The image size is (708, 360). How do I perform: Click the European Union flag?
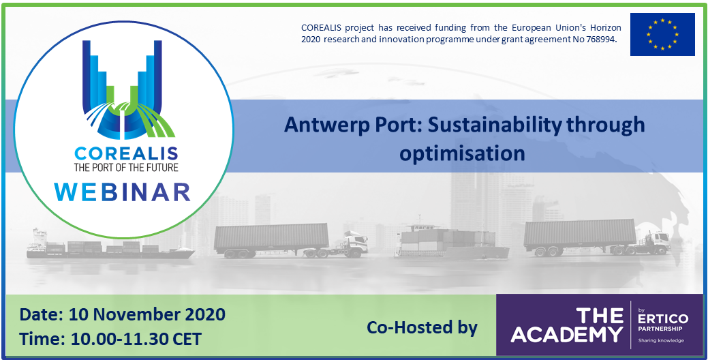pos(662,34)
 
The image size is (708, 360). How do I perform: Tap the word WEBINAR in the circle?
pos(123,192)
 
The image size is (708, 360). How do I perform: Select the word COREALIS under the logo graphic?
pos(127,153)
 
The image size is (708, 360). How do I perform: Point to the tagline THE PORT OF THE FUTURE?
pos(127,168)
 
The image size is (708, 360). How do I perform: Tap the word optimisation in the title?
pos(463,153)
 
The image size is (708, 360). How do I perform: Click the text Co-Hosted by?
pos(422,327)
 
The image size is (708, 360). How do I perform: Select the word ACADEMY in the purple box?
pos(567,335)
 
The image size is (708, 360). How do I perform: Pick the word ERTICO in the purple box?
pos(663,319)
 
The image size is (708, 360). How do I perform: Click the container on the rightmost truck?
pos(580,232)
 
